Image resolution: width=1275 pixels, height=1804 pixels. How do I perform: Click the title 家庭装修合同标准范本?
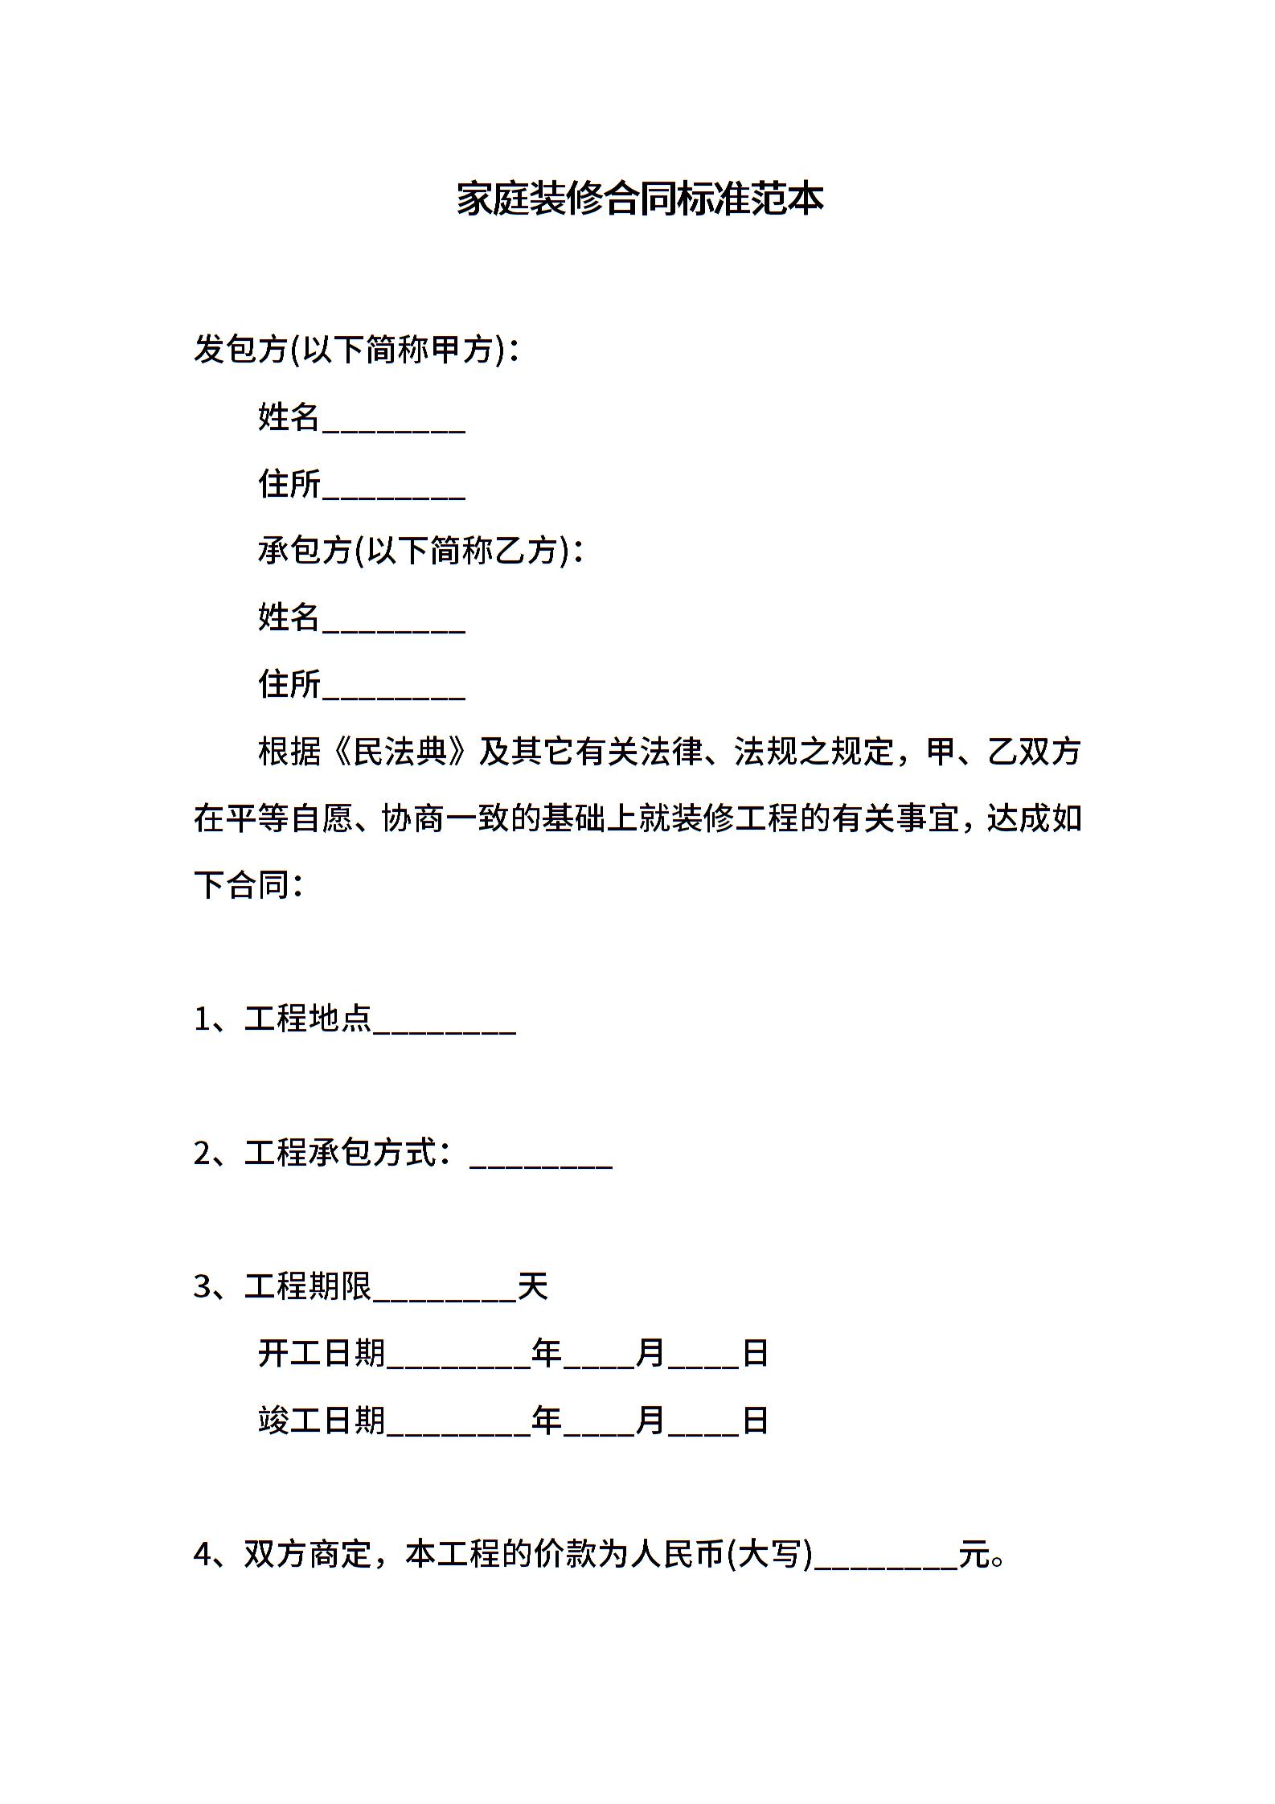click(x=640, y=199)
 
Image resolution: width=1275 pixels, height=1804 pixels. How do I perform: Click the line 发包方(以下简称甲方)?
click(x=355, y=350)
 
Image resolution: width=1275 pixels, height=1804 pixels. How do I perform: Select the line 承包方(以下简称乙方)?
click(x=419, y=551)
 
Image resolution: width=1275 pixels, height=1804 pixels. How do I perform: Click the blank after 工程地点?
click(x=445, y=1023)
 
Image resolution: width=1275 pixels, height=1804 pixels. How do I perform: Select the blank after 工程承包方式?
click(x=541, y=1157)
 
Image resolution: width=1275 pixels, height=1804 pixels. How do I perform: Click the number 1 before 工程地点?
click(x=202, y=1019)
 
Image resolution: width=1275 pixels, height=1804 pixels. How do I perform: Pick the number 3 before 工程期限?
click(x=202, y=1287)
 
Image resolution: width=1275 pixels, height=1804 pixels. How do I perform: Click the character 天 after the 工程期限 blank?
click(x=532, y=1287)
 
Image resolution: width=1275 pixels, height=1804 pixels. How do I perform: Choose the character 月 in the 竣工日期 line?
click(x=650, y=1421)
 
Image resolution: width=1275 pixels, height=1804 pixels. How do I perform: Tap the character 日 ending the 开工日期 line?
click(x=755, y=1354)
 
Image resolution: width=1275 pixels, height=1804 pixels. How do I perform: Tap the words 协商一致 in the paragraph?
click(x=445, y=818)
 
